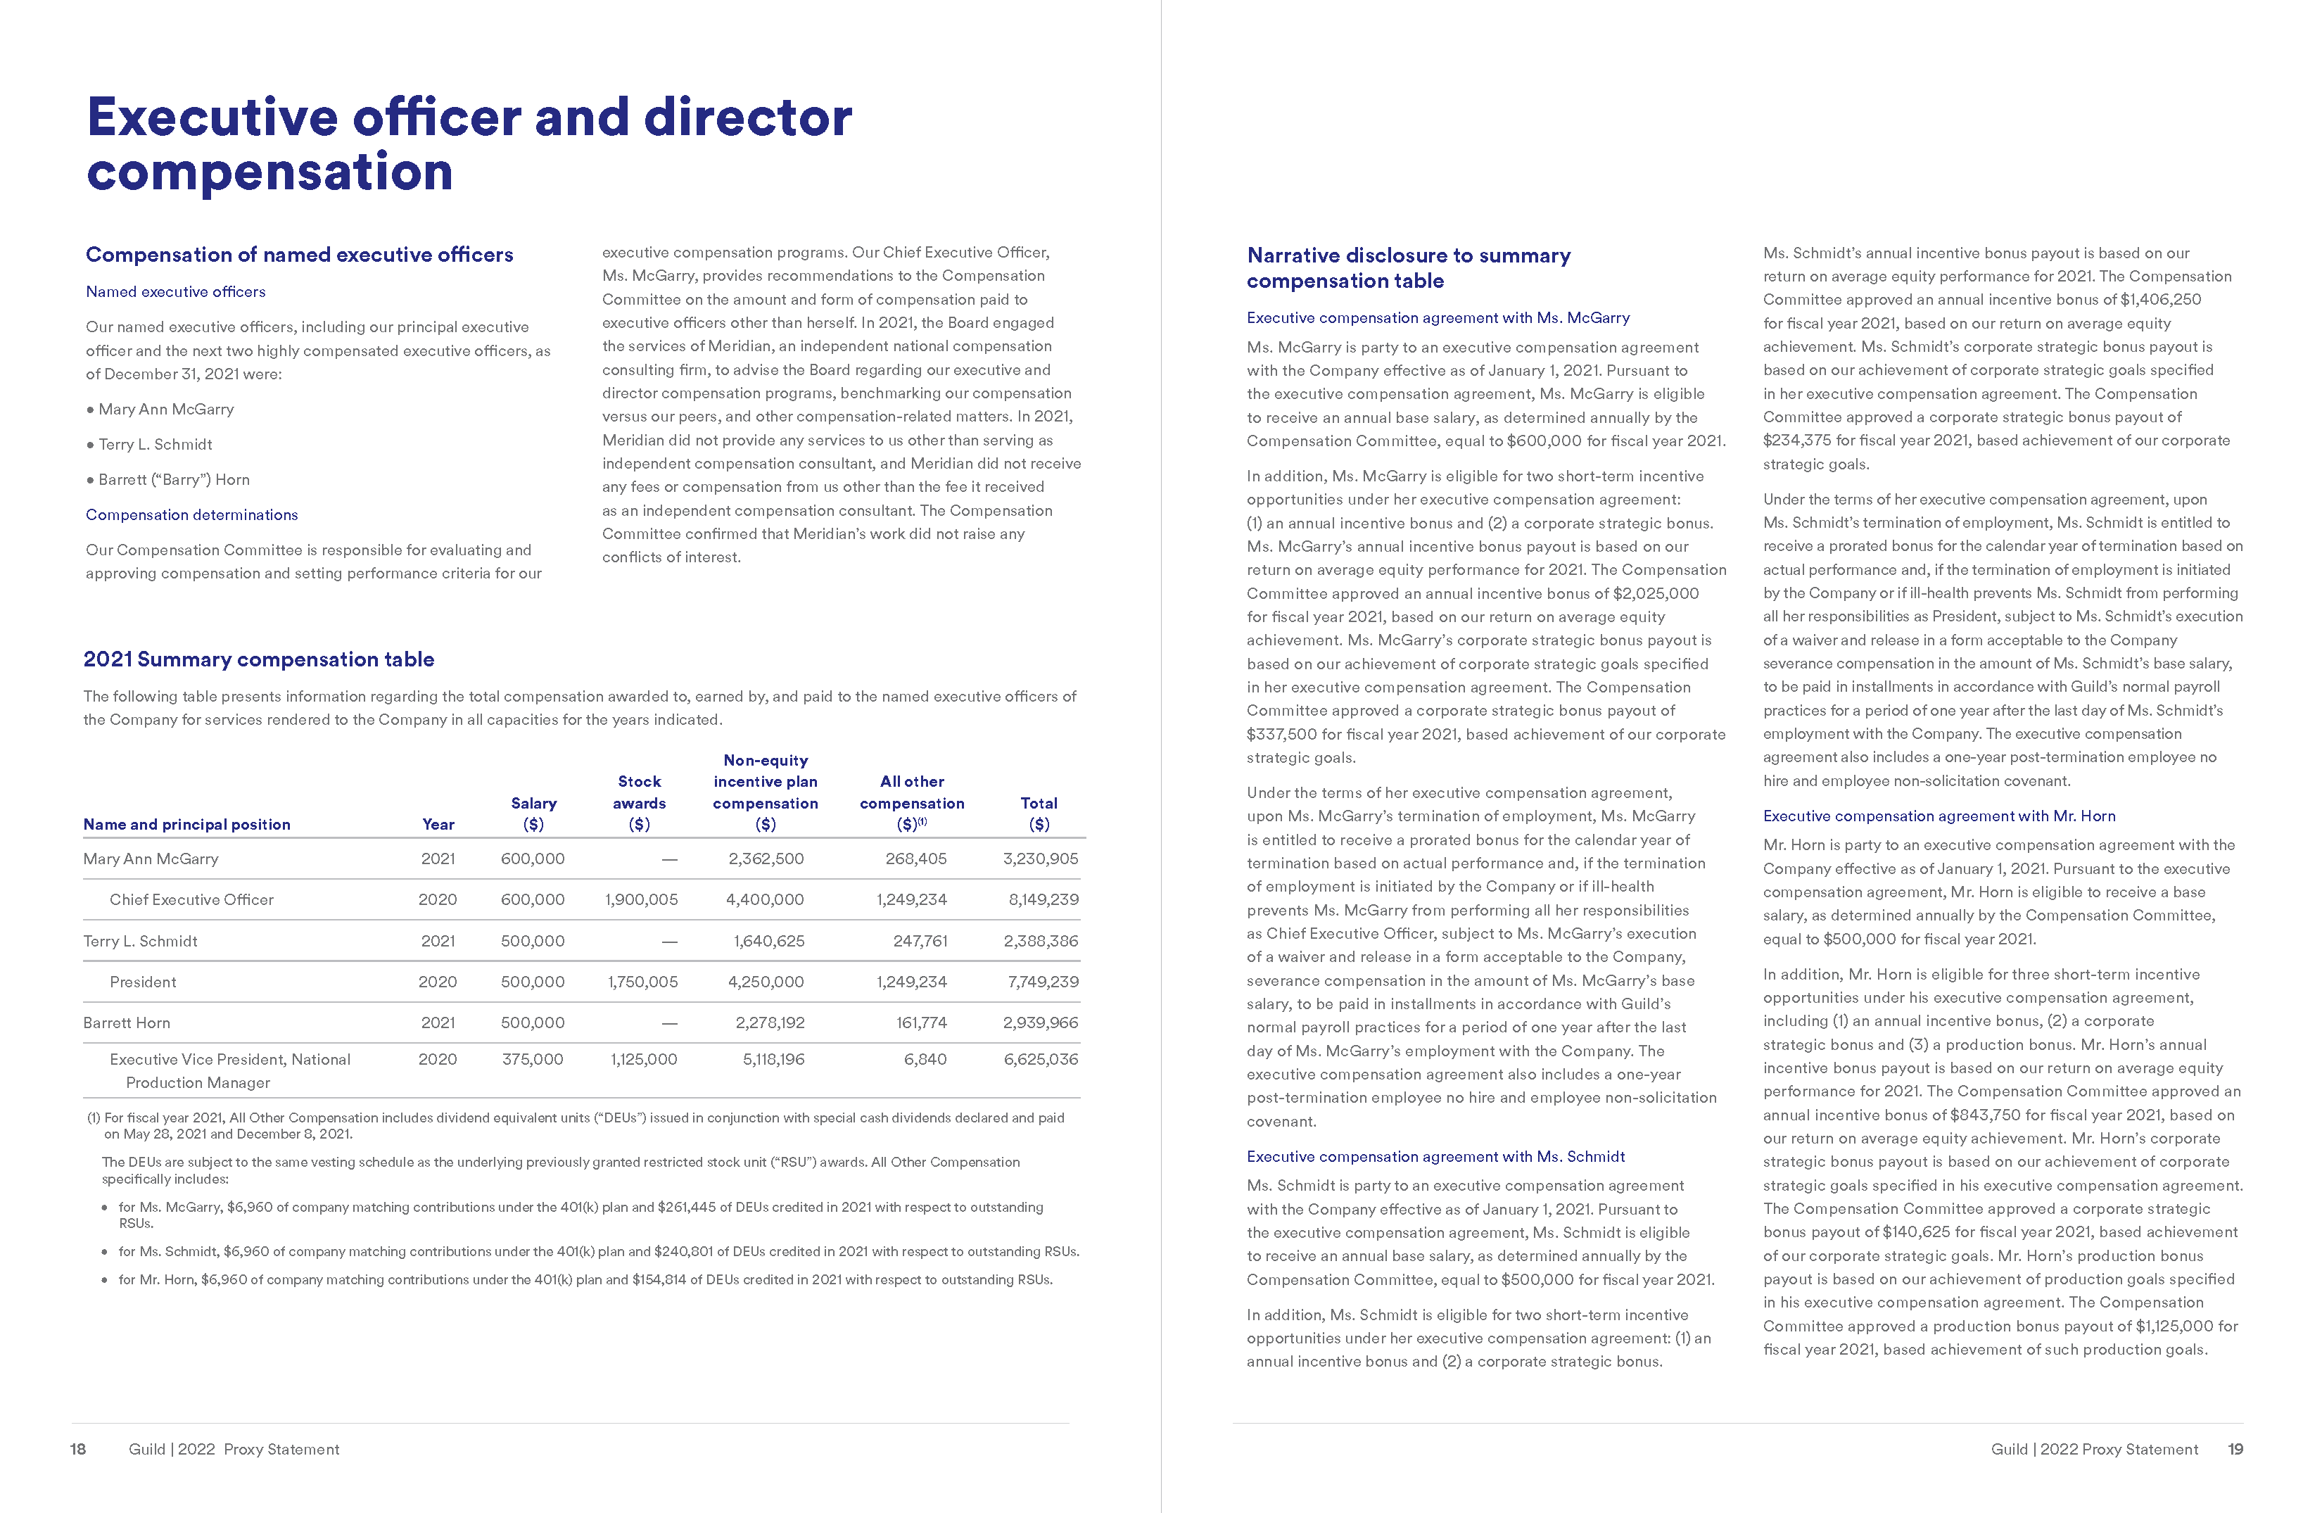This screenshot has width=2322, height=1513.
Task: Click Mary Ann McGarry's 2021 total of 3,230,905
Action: tap(1040, 859)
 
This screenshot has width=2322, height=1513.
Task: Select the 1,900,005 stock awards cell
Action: tap(641, 900)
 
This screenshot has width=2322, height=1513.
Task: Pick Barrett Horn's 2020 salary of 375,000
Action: tap(533, 1059)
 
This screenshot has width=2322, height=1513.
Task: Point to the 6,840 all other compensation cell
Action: tap(925, 1059)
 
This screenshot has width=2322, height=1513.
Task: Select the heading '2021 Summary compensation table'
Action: tap(258, 659)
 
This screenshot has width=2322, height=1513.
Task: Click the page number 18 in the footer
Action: tap(78, 1450)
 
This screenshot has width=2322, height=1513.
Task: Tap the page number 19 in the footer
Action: tap(2235, 1450)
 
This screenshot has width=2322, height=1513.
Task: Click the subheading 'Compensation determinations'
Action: tap(192, 515)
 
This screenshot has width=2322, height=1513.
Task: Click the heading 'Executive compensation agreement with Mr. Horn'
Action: tap(1939, 816)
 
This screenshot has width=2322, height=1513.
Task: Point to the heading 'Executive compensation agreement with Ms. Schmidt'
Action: tap(1435, 1157)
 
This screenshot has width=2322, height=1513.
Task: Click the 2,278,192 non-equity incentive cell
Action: tap(770, 1023)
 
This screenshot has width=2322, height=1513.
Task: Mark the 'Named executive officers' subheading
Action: tap(176, 291)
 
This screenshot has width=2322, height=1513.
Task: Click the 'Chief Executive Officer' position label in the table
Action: tap(191, 900)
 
